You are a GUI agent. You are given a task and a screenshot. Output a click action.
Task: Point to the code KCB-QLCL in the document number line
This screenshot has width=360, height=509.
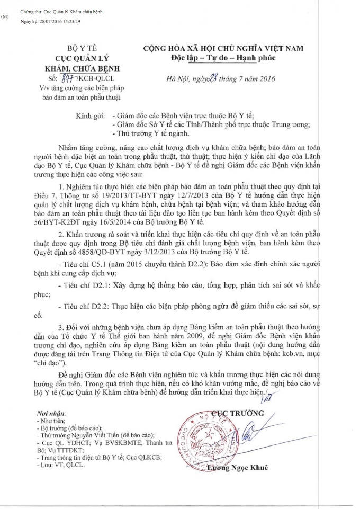(93, 79)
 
